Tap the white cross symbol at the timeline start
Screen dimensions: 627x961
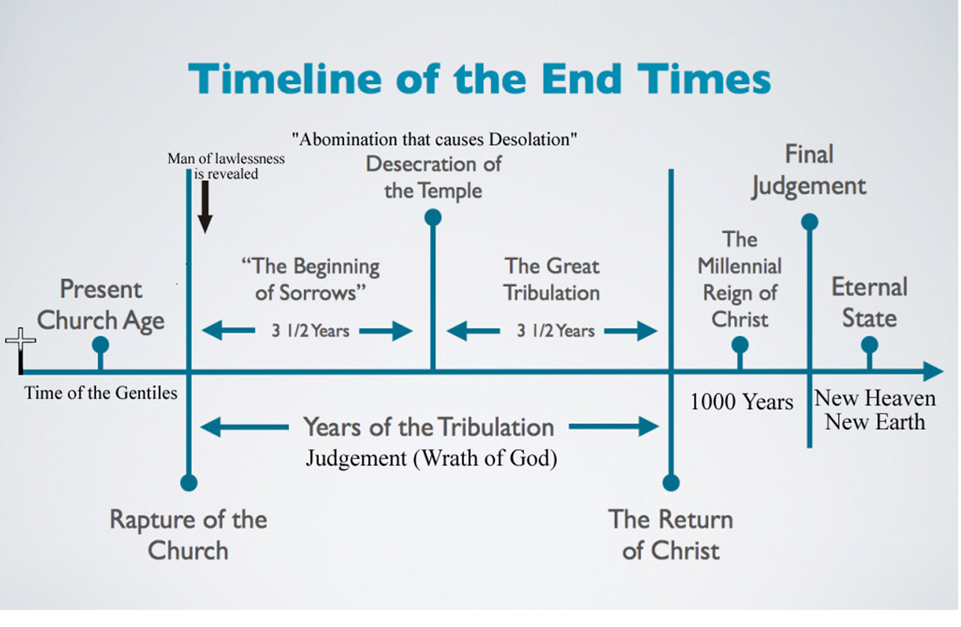(x=21, y=342)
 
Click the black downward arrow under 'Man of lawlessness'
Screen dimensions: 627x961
(x=205, y=207)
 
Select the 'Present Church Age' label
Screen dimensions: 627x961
(x=100, y=305)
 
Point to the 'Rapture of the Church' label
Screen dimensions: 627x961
(x=188, y=534)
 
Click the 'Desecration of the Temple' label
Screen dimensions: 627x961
(x=433, y=176)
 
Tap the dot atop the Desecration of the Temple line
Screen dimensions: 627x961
(x=433, y=217)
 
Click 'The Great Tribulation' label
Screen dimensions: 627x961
(x=552, y=279)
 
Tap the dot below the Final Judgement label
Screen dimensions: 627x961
(x=809, y=221)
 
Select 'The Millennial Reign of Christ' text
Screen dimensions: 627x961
(x=740, y=279)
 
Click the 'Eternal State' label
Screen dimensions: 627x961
(x=869, y=302)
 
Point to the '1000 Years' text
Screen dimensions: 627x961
(x=742, y=401)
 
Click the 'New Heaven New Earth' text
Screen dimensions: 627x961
(x=875, y=410)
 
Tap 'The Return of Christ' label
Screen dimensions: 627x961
(x=671, y=534)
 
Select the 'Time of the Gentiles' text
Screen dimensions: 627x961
(x=100, y=393)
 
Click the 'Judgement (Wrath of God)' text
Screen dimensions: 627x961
(x=431, y=458)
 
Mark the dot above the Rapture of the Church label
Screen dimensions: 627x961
(x=189, y=483)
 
